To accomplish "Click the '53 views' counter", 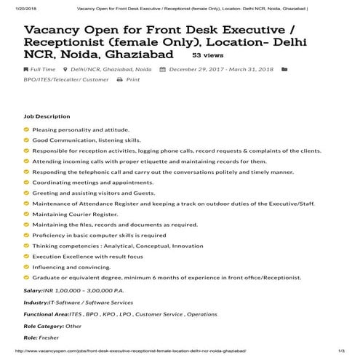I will click(x=208, y=55).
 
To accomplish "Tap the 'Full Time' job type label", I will click(x=43, y=70).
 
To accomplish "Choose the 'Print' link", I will click(x=133, y=79).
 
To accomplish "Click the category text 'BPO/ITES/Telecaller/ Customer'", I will click(x=65, y=79).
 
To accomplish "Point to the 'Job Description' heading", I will click(x=47, y=116).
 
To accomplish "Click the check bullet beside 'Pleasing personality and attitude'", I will click(x=27, y=129).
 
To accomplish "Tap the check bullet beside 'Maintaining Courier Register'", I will click(x=27, y=214).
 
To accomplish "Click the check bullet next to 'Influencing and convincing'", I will click(x=27, y=267).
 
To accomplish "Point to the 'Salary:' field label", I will click(x=33, y=291).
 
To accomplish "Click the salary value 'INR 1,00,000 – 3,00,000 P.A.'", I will click(x=82, y=291).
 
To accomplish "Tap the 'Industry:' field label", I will click(x=36, y=302).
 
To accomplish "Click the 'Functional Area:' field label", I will click(x=45, y=314).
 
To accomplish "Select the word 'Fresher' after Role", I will click(x=49, y=337).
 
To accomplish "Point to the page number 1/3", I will click(x=340, y=352).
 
